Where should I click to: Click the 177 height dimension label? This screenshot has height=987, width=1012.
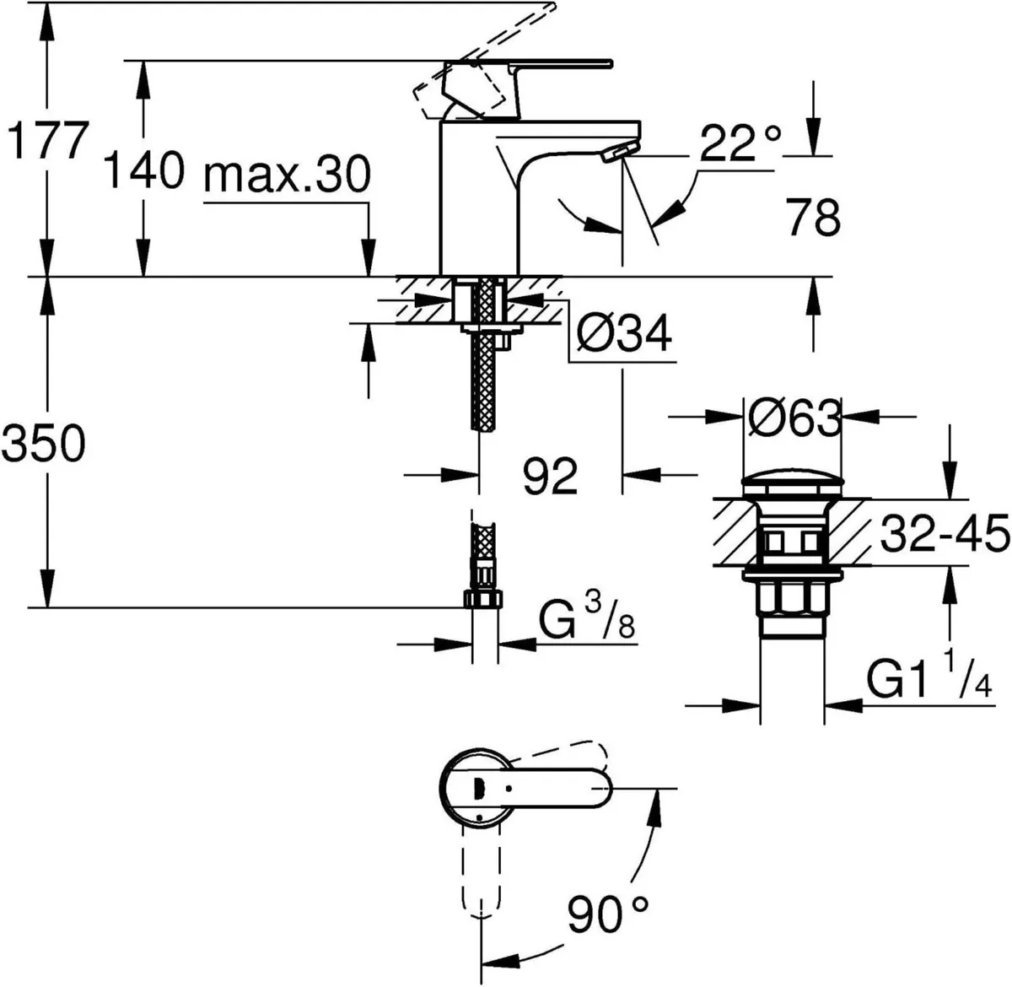[x=46, y=140]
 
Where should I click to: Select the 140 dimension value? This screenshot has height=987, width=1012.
[x=143, y=171]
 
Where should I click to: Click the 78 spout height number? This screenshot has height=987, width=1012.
[x=814, y=218]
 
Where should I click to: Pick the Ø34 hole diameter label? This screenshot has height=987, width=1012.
[x=624, y=335]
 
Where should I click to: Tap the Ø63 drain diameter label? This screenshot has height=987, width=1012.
[x=792, y=417]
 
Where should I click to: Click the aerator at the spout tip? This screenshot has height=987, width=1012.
[x=619, y=152]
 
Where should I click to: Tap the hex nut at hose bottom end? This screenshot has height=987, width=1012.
[x=482, y=600]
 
